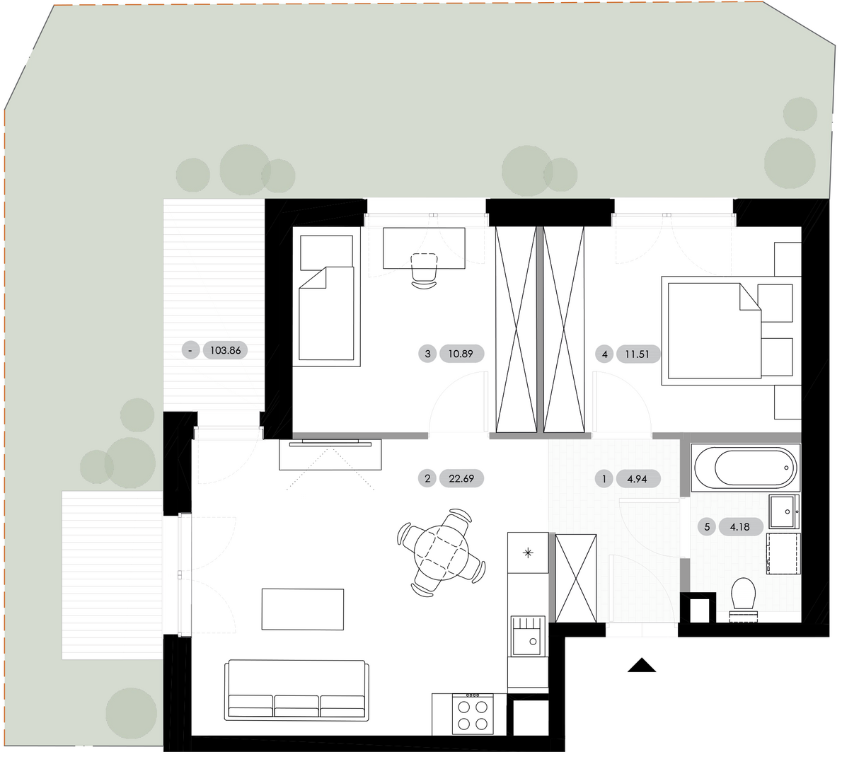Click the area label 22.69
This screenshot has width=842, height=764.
pos(461,478)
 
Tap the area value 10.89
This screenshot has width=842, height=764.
pos(461,354)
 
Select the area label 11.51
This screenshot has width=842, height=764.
pos(638,354)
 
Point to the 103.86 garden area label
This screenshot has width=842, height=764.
pos(226,351)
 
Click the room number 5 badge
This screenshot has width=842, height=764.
pos(707,527)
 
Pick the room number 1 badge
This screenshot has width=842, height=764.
pos(604,479)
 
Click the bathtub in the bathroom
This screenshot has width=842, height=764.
pos(745,468)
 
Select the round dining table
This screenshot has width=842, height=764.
pos(442,553)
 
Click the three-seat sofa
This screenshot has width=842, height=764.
pos(297,690)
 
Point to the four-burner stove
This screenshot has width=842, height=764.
pos(473,714)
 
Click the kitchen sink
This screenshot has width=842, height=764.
pos(527,636)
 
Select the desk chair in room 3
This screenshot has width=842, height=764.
pos(425,271)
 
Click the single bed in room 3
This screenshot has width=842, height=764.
pos(326,297)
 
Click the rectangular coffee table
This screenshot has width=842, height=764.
pos(303,609)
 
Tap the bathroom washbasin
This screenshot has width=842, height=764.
pos(784,511)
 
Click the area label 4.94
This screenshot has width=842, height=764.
pos(638,479)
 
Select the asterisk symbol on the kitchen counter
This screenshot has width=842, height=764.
pos(529,552)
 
